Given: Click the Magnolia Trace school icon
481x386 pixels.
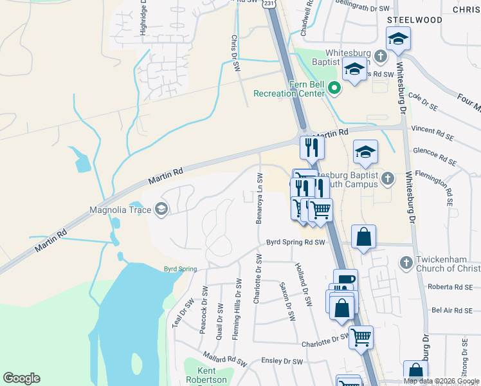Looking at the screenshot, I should point(161,209).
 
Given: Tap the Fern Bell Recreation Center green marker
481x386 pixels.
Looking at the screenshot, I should point(334,88).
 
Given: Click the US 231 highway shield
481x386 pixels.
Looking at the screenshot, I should point(269,4).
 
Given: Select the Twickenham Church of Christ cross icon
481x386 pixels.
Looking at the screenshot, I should point(405,262).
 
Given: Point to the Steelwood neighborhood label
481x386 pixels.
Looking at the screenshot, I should point(414,20).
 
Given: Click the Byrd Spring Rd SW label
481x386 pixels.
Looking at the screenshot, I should point(297,242).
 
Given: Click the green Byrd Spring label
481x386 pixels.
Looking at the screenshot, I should point(180,269).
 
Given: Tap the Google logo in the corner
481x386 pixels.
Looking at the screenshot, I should point(21,378).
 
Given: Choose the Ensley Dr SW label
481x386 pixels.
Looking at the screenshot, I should point(281,361).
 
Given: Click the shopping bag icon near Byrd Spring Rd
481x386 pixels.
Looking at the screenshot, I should point(364,236).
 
